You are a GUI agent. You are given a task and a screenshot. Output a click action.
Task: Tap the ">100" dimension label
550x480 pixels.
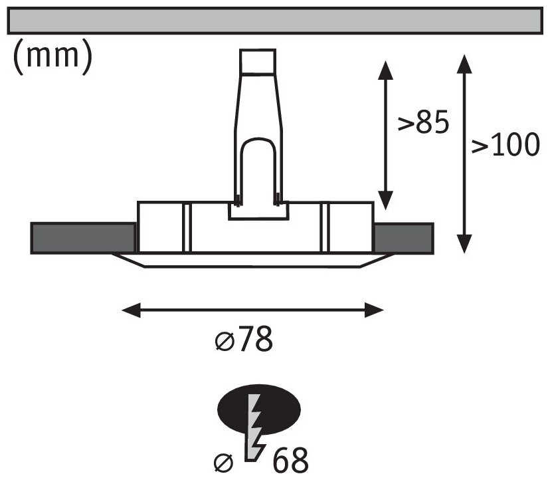(x=505, y=145)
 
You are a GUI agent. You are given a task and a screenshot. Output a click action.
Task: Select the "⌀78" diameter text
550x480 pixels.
(x=244, y=341)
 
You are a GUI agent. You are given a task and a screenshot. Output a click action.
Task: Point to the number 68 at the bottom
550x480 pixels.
(x=289, y=461)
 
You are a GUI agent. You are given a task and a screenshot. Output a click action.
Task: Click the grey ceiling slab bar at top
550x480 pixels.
(x=275, y=21)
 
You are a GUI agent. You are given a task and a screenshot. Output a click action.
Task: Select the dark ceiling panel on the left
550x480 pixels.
(x=82, y=237)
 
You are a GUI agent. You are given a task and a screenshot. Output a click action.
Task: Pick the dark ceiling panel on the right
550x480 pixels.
(x=404, y=237)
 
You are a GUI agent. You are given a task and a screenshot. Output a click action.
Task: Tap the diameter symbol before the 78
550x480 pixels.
(x=224, y=342)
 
